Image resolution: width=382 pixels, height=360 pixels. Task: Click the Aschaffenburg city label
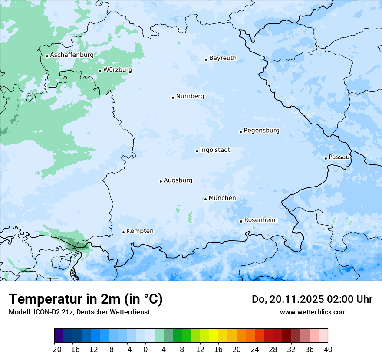pyautogui.click(x=72, y=55)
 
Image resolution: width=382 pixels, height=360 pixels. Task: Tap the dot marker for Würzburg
pyautogui.click(x=100, y=71)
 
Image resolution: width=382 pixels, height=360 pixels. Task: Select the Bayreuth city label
pyautogui.click(x=223, y=58)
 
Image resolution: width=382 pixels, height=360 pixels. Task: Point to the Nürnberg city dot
pyautogui.click(x=173, y=98)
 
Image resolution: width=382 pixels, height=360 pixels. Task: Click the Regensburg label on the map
pyautogui.click(x=261, y=131)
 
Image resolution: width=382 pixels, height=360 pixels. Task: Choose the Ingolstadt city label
pyautogui.click(x=215, y=150)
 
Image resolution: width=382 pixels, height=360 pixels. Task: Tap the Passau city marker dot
pyautogui.click(x=326, y=158)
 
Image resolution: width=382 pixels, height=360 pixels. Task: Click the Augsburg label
pyautogui.click(x=178, y=180)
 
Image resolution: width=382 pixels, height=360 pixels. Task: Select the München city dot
pyautogui.click(x=205, y=199)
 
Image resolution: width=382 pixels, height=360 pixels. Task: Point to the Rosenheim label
pyautogui.click(x=260, y=220)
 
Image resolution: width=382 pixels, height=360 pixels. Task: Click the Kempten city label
pyautogui.click(x=140, y=231)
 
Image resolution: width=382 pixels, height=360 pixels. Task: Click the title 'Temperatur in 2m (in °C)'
pyautogui.click(x=86, y=299)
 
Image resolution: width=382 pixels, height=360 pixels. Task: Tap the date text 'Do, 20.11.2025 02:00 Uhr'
pyautogui.click(x=312, y=299)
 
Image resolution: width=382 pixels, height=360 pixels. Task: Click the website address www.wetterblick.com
pyautogui.click(x=313, y=312)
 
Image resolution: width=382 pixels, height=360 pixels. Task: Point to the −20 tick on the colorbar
pyautogui.click(x=54, y=350)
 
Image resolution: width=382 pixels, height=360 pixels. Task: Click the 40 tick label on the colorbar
pyautogui.click(x=328, y=350)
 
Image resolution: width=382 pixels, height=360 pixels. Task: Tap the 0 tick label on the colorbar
pyautogui.click(x=145, y=350)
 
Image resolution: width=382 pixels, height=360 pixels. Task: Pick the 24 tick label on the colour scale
pyautogui.click(x=255, y=350)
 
